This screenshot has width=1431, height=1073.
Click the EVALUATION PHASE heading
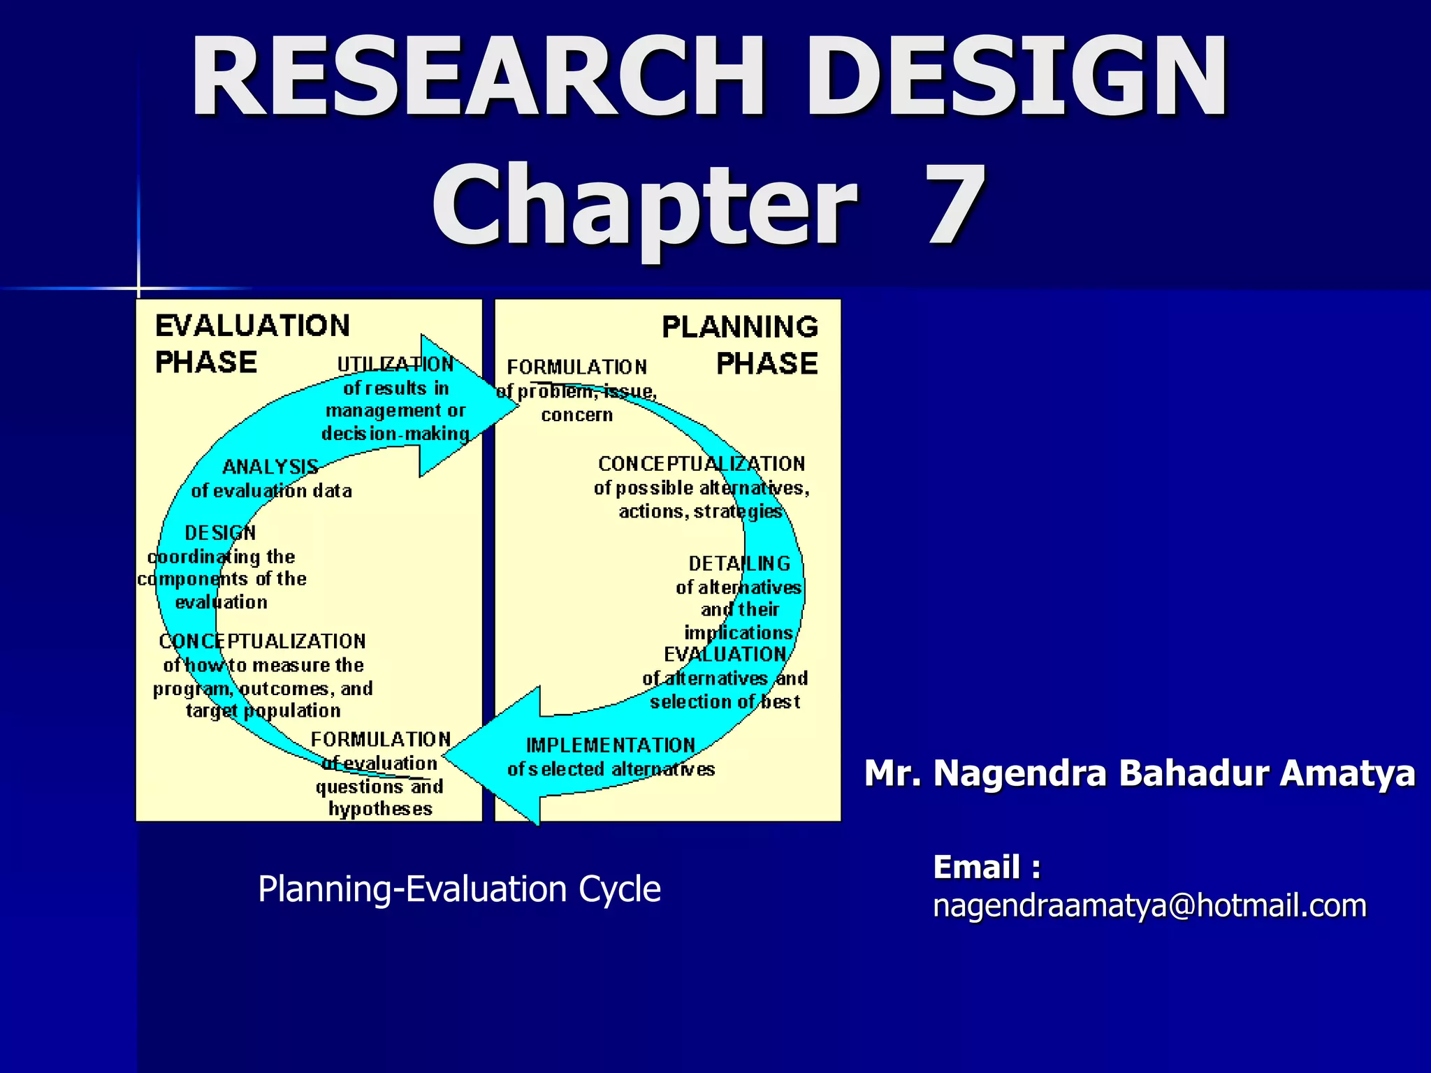coord(252,344)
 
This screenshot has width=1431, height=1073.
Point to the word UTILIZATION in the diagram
coord(395,364)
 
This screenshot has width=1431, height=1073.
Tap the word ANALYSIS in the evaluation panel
coord(270,467)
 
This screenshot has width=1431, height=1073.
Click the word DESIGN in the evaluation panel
coord(220,533)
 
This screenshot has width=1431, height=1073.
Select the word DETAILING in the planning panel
coord(739,563)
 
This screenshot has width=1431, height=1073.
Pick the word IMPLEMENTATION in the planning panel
coord(611,745)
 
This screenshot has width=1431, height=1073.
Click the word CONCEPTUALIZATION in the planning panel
coord(702,464)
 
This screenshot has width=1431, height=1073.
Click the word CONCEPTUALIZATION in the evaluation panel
coord(262,641)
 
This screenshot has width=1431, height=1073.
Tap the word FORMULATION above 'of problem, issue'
coord(577,367)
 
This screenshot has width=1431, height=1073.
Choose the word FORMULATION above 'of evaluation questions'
coord(381,739)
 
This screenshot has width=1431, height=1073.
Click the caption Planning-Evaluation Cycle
coord(459,889)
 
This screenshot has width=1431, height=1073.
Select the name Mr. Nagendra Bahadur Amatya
coord(1140,773)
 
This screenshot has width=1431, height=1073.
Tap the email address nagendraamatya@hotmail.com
coord(1149,906)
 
